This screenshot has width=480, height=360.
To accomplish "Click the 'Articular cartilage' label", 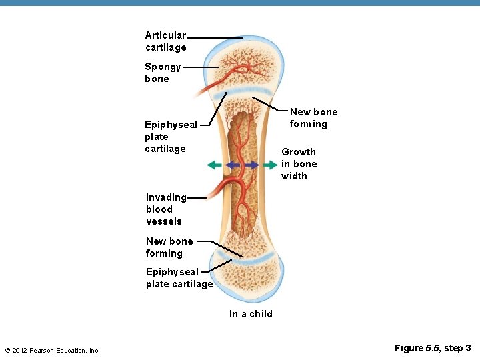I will [x=166, y=41].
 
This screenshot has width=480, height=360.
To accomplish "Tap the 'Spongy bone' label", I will [x=163, y=73].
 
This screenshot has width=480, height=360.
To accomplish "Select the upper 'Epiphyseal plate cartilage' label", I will [x=171, y=136].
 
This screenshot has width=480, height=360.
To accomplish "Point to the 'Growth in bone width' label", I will [x=299, y=164].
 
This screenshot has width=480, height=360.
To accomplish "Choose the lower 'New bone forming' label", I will [x=169, y=247].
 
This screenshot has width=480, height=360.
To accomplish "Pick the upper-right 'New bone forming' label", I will [x=313, y=118].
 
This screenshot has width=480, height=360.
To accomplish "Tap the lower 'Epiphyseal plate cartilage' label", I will [x=179, y=277].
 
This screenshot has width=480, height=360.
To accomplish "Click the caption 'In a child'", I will [x=251, y=314].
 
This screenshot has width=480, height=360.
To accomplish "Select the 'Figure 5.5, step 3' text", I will [x=433, y=348].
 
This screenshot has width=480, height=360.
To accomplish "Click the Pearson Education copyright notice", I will [x=52, y=350].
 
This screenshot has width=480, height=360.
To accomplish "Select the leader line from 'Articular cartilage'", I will [x=215, y=37].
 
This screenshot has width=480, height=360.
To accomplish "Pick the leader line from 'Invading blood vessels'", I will [x=197, y=197].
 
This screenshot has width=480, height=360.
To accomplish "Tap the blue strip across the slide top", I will [x=240, y=3].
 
